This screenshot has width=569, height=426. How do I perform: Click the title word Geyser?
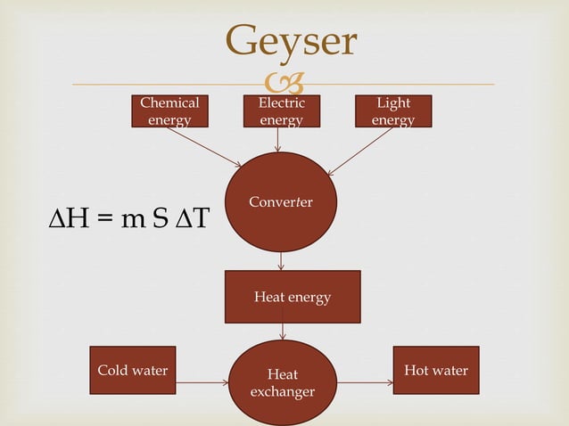pyautogui.click(x=291, y=40)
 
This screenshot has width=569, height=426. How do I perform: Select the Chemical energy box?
pyautogui.click(x=169, y=111)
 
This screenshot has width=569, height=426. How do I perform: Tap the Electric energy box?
pyautogui.click(x=281, y=111)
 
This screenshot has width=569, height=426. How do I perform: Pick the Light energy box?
pyautogui.click(x=393, y=111)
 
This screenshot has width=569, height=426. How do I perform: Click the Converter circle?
pyautogui.click(x=281, y=202)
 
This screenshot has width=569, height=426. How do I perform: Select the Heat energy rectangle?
pyautogui.click(x=293, y=297)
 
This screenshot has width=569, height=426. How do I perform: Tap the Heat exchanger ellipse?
pyautogui.click(x=283, y=383)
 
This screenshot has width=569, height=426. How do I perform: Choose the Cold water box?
pyautogui.click(x=132, y=370)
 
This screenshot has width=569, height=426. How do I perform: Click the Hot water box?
pyautogui.click(x=435, y=370)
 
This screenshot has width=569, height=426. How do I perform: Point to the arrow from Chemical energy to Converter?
pyautogui.click(x=202, y=146)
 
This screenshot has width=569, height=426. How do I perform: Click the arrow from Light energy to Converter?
pyautogui.click(x=361, y=151)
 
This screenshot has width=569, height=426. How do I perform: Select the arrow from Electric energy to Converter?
pyautogui.click(x=278, y=140)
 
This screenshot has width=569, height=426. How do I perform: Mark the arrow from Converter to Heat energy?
pyautogui.click(x=281, y=261)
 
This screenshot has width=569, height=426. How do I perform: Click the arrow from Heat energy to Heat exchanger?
pyautogui.click(x=283, y=331)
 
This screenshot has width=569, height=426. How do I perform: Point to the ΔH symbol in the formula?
pyautogui.click(x=67, y=219)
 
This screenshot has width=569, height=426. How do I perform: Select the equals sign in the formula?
pyautogui.click(x=105, y=220)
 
